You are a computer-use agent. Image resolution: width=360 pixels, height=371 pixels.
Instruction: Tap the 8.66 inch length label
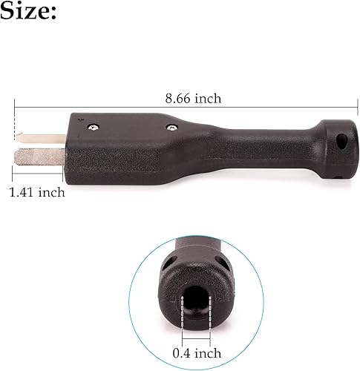192,98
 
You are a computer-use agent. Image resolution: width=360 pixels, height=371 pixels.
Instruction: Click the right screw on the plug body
171,128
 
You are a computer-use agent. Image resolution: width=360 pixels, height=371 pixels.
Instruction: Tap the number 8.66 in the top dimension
180,98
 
